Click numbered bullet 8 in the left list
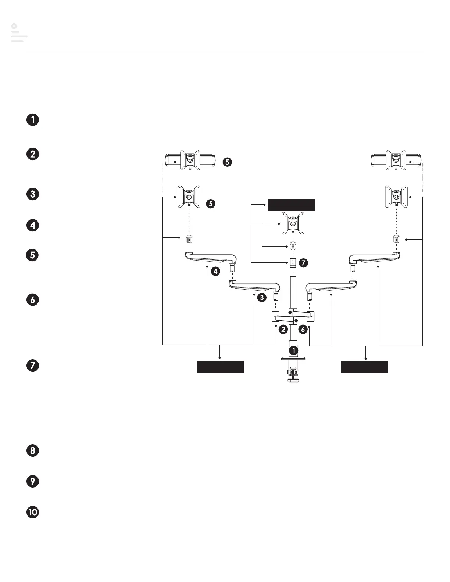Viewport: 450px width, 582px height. (x=33, y=450)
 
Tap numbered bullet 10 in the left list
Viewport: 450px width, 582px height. (x=33, y=512)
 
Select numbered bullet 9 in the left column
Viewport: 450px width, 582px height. (x=33, y=481)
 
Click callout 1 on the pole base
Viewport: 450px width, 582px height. (x=294, y=351)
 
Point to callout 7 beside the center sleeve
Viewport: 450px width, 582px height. (x=303, y=263)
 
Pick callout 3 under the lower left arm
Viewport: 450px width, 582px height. (x=261, y=298)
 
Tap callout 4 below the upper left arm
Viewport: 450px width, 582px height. (x=215, y=272)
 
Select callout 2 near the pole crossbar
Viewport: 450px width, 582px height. (x=283, y=330)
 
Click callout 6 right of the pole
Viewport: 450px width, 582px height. (x=303, y=330)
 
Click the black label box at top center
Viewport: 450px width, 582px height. (x=292, y=205)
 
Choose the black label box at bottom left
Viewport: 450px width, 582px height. (x=220, y=367)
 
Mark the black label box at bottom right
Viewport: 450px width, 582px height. (x=365, y=367)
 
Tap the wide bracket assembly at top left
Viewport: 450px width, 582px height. (x=189, y=160)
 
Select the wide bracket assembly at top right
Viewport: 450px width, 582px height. (x=396, y=160)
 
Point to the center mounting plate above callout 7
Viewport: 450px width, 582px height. (x=292, y=223)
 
